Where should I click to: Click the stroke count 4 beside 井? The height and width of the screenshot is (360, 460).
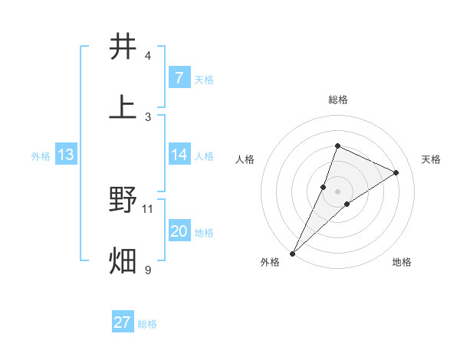(x=148, y=56)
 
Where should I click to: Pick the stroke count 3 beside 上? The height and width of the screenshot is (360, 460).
(x=148, y=117)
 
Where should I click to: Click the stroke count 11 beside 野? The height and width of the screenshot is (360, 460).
(x=148, y=208)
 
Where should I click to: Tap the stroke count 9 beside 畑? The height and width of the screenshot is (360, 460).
(x=148, y=270)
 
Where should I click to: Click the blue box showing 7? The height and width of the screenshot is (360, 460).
(x=179, y=78)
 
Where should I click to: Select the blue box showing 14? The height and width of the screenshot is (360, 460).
(x=179, y=155)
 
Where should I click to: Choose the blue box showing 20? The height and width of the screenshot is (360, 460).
(x=179, y=231)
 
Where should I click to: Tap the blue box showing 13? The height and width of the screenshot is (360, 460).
(x=66, y=155)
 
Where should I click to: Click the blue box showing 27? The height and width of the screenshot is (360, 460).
(x=122, y=322)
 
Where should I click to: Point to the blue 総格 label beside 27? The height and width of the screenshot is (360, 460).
(x=147, y=324)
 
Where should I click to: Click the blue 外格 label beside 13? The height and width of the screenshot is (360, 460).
(x=41, y=156)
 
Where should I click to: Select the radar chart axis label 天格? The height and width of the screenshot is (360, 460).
(x=431, y=159)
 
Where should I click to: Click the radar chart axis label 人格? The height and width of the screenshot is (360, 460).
(x=245, y=159)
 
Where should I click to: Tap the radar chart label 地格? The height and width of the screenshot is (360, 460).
(x=402, y=263)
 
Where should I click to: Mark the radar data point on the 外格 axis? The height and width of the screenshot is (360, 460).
(x=293, y=253)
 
